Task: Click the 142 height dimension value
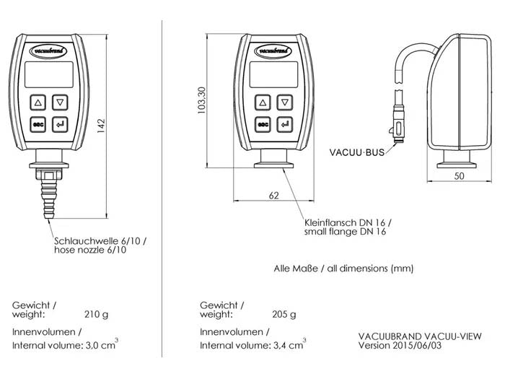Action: coord(102,126)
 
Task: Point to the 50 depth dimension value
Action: coord(460,175)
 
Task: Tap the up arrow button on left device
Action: coord(38,103)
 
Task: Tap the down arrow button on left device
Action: coord(61,103)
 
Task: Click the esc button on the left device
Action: coord(38,124)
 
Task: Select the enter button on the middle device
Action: coord(286,124)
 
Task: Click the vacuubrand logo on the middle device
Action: coord(274,51)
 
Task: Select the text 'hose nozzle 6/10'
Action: coord(90,250)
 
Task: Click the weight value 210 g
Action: coord(96,314)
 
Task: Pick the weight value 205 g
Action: coord(284,314)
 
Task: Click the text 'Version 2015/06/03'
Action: coord(400,345)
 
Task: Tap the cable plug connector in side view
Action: coord(398,119)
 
